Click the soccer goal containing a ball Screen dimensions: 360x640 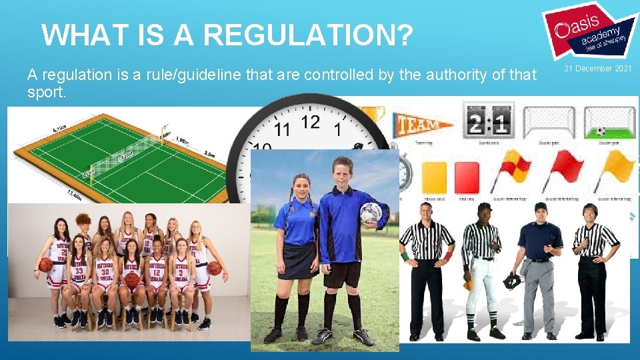point(609,123)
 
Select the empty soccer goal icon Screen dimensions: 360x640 point(549,122)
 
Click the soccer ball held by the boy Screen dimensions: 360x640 point(371,213)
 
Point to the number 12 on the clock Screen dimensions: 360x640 point(311,123)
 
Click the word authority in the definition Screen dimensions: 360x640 point(438,75)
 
